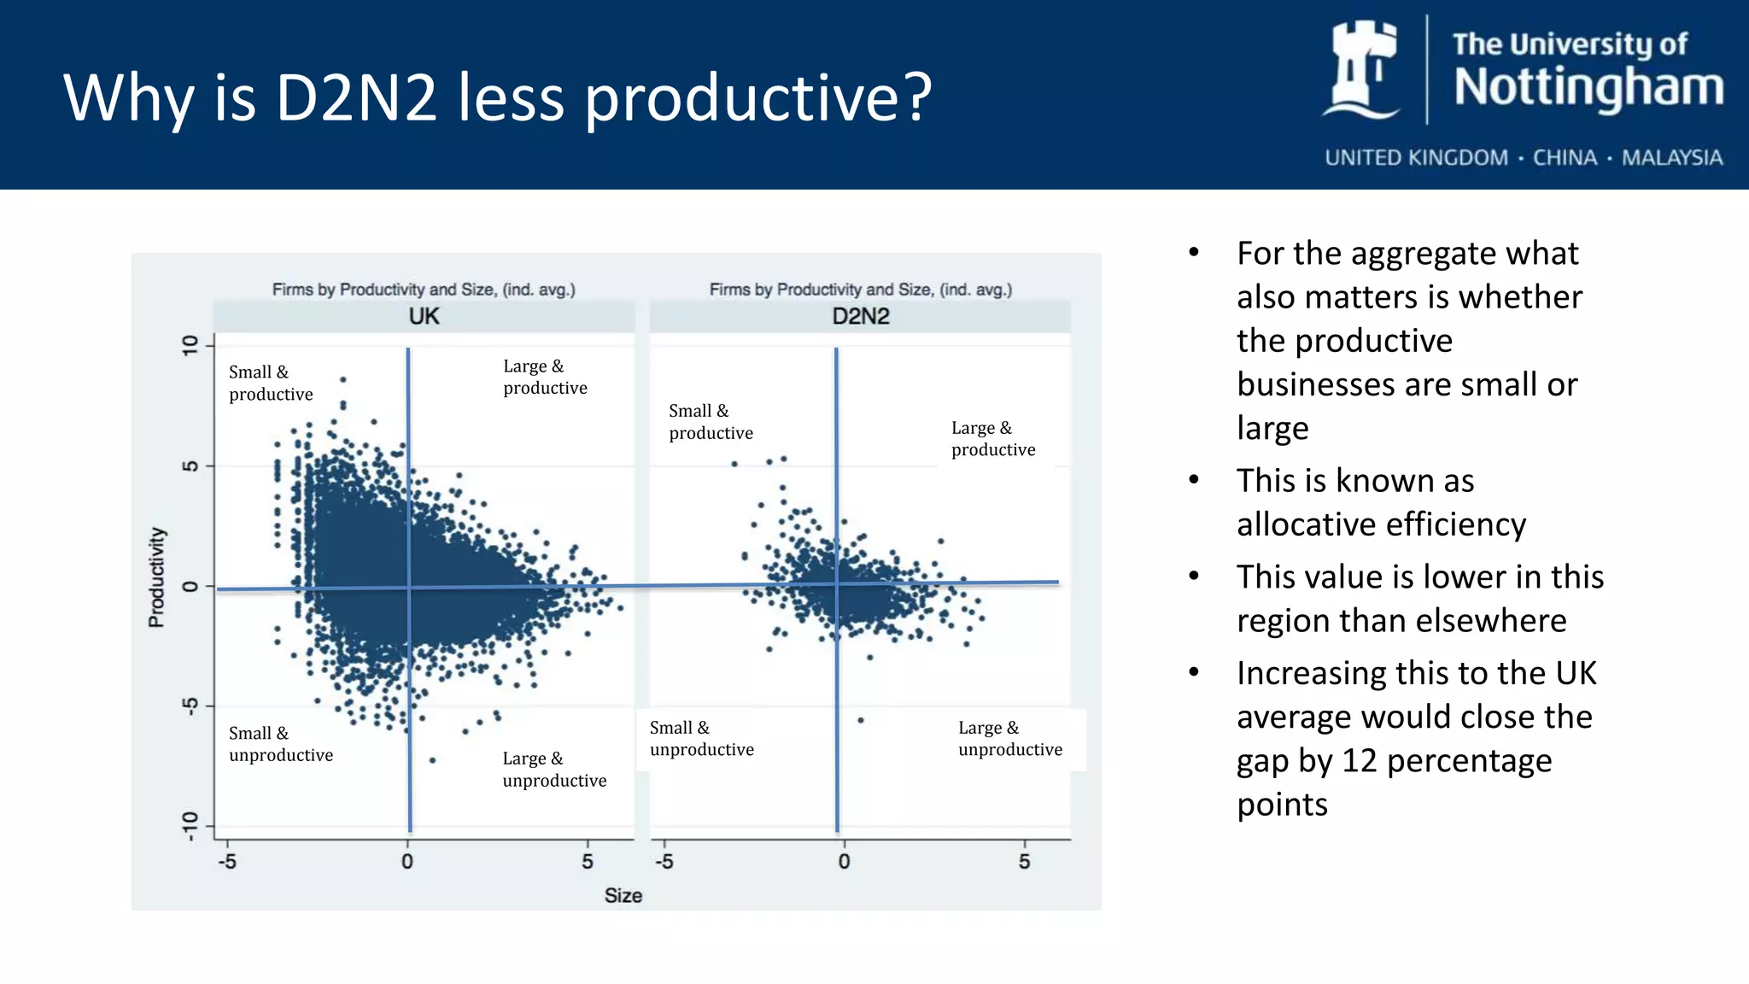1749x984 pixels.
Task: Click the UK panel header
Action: point(424,317)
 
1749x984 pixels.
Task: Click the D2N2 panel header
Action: point(860,317)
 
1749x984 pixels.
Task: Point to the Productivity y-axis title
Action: point(156,577)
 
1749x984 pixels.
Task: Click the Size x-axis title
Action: point(623,895)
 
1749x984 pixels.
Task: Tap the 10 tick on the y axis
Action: point(190,345)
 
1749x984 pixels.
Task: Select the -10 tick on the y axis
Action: point(190,826)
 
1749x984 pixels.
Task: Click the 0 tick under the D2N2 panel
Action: point(844,861)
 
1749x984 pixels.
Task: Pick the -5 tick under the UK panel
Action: point(227,861)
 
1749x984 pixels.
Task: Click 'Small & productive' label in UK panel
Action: point(270,383)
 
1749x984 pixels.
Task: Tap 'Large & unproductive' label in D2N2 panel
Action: point(1009,739)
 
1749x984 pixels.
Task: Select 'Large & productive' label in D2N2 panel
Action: point(992,438)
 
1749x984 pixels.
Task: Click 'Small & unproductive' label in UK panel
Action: point(280,744)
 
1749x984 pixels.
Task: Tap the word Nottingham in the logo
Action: point(1588,88)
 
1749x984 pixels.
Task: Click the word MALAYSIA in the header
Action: point(1671,158)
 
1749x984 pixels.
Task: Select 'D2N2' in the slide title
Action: point(356,98)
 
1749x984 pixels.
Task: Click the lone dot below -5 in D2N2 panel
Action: point(861,720)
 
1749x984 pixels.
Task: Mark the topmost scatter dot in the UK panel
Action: point(343,379)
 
